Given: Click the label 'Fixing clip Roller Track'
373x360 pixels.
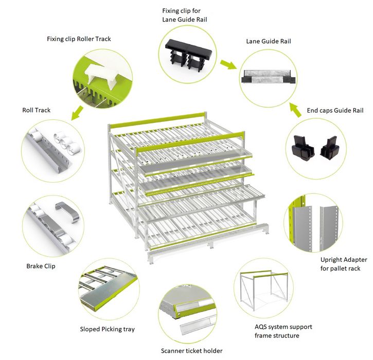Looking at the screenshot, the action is (79, 39).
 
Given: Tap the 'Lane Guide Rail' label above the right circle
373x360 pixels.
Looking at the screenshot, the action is (269, 41).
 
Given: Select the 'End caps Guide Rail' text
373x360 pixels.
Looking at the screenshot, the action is (335, 111).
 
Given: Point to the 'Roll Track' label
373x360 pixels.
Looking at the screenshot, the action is (37, 110).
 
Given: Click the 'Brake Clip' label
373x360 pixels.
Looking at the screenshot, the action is (41, 266).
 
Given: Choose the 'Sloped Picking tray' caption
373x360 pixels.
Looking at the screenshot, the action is (108, 329).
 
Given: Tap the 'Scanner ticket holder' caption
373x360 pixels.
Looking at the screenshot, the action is (192, 351).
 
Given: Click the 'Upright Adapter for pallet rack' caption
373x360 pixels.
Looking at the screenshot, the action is (344, 264).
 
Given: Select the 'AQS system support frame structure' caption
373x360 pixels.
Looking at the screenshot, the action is (283, 331).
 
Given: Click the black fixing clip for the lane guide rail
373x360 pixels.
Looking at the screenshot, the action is (188, 55).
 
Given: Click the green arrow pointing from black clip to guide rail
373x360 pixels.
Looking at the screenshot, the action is (228, 64).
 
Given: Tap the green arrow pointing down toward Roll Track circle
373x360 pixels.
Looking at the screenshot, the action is (77, 113).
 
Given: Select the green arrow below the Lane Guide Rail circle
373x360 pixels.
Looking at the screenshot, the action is (295, 110).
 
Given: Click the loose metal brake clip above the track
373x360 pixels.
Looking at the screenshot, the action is (67, 211).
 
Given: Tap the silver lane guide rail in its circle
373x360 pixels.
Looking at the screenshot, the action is (269, 77).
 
